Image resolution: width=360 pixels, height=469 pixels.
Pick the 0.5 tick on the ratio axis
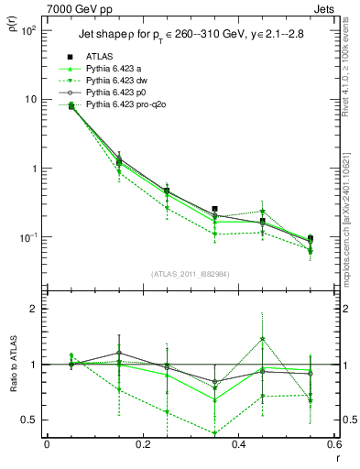(x=30, y=420)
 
